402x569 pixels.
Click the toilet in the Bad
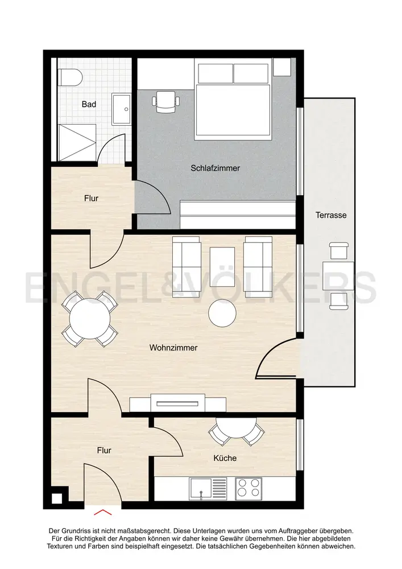71,77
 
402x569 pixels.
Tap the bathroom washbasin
121,109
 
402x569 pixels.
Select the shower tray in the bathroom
77,142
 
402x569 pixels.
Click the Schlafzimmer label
215,168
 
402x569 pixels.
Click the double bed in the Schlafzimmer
233,99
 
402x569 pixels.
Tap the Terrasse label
331,215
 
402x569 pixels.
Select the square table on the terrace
338,276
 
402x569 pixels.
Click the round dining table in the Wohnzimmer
90,319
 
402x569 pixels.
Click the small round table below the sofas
222,313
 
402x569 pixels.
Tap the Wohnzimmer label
173,348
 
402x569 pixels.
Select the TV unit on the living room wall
177,403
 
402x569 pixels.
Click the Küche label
225,458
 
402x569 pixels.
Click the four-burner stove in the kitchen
248,488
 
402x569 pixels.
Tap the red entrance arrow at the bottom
103,512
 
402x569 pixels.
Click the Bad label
89,105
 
